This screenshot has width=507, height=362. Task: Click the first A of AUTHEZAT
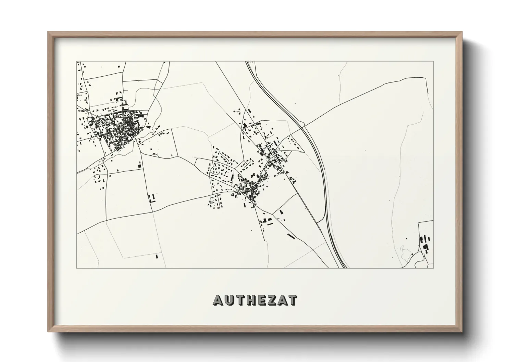[x=219, y=300]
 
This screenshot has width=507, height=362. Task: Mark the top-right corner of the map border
[x=433, y=62]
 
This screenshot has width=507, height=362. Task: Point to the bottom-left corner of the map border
[x=76, y=268]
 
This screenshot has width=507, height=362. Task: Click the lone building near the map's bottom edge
[x=157, y=256]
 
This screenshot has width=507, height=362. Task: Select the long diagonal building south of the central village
[x=291, y=236]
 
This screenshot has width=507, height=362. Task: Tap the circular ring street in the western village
[x=127, y=127]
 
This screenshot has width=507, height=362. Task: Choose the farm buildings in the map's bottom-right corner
[x=425, y=243]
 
